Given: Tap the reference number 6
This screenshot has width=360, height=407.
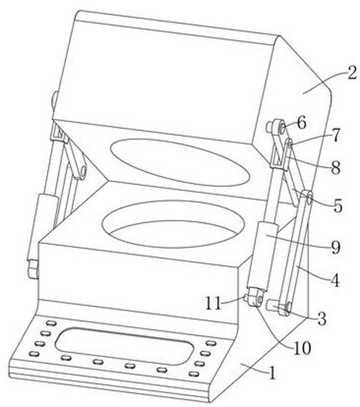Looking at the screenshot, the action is tap(301, 123).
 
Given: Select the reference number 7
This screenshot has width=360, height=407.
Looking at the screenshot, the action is tap(336, 135).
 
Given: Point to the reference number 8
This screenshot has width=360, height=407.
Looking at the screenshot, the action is tap(336, 168).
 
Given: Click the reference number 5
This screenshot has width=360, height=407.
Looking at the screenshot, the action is tap(338, 206).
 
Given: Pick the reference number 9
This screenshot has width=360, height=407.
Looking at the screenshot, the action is tap(336, 248).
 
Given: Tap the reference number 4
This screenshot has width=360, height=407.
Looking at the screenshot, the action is tap(335, 280).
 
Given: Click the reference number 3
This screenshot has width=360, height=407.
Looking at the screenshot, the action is tap(322, 319).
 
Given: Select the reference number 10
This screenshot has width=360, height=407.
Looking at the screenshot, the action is tap(302, 348).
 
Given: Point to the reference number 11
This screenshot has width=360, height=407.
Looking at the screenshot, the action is tap(213, 303).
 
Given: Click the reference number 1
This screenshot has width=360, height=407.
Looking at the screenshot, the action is tap(272, 373).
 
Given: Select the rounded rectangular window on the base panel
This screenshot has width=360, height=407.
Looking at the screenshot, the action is tap(124, 346).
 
